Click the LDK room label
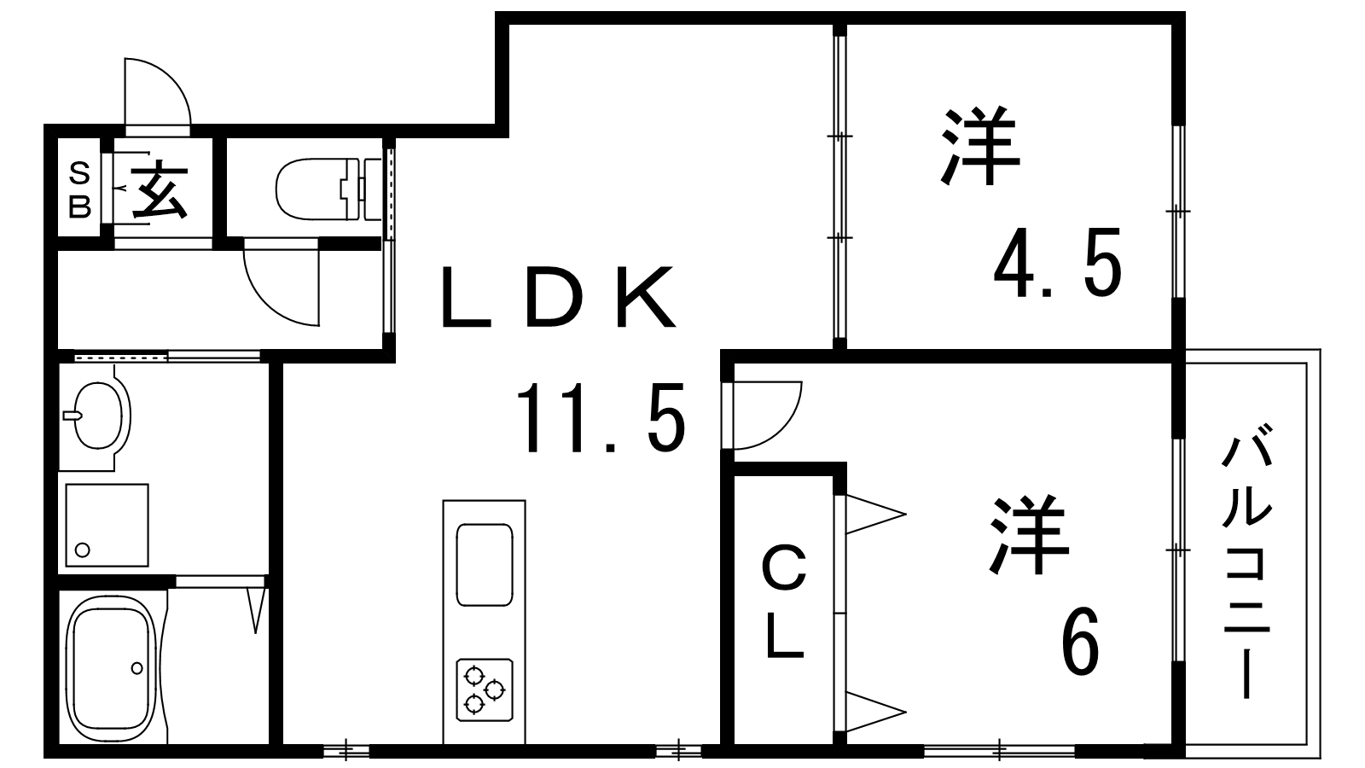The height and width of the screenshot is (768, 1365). [x=558, y=297]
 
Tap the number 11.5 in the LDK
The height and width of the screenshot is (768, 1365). [x=601, y=417]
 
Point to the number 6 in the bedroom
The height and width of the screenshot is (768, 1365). [x=1080, y=640]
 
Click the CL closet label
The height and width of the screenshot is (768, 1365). [x=785, y=602]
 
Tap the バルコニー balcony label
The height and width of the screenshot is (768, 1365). [x=1246, y=567]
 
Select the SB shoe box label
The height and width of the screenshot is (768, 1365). [x=79, y=190]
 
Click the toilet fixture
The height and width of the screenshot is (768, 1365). [x=328, y=189]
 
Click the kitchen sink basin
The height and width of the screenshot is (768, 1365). [x=485, y=564]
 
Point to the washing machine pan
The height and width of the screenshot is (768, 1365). [x=107, y=525]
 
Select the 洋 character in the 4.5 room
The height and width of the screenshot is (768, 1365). [x=980, y=146]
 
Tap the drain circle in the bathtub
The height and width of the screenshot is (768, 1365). [x=137, y=668]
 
